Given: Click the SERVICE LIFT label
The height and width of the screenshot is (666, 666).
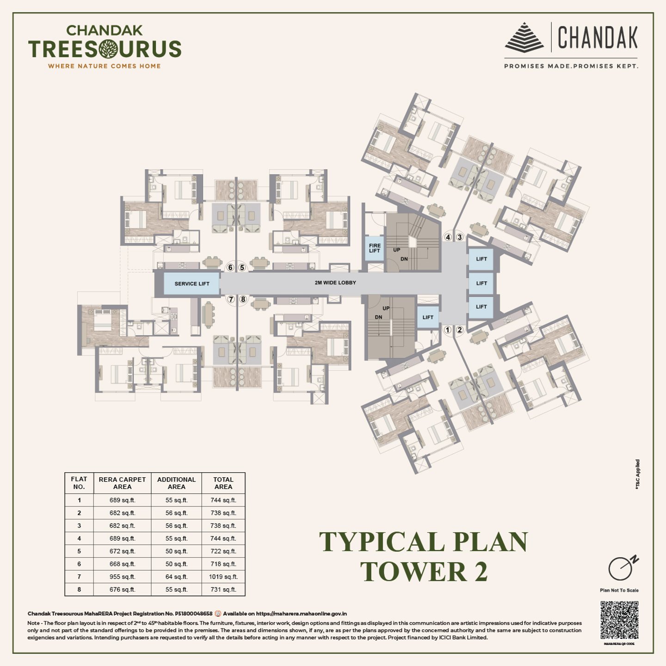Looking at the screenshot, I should pyautogui.click(x=192, y=284).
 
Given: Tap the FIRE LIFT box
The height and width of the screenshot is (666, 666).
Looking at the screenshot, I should pyautogui.click(x=374, y=248).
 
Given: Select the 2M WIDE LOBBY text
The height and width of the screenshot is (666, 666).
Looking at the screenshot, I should pyautogui.click(x=335, y=283).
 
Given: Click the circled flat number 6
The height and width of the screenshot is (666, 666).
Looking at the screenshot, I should pyautogui.click(x=230, y=268).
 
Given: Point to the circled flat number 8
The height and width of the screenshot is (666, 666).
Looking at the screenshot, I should pyautogui.click(x=243, y=299).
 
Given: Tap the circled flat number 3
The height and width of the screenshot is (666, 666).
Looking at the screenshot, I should pyautogui.click(x=459, y=237).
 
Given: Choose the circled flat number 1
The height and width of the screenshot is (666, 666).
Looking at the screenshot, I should pyautogui.click(x=447, y=330).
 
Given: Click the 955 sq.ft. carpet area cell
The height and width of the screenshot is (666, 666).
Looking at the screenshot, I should pyautogui.click(x=122, y=577).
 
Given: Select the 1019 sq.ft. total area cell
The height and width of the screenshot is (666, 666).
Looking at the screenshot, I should pyautogui.click(x=223, y=577).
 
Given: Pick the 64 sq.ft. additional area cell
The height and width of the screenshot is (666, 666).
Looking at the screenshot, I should pyautogui.click(x=176, y=577).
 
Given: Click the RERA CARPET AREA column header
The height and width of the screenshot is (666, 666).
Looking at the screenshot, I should pyautogui.click(x=122, y=483).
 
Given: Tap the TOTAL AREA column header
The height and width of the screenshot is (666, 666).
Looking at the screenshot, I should pyautogui.click(x=223, y=483).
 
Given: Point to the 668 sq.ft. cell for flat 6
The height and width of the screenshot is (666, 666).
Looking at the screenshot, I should pyautogui.click(x=122, y=564).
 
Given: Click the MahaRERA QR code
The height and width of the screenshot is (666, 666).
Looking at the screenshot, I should pyautogui.click(x=619, y=620).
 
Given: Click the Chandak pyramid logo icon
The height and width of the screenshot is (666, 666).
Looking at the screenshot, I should pyautogui.click(x=524, y=37).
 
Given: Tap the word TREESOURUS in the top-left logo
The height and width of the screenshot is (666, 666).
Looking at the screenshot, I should pyautogui.click(x=105, y=49).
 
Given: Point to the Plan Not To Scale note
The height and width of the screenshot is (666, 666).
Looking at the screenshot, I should pyautogui.click(x=619, y=590).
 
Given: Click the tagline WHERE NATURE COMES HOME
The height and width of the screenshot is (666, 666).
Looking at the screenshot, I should pyautogui.click(x=105, y=66).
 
